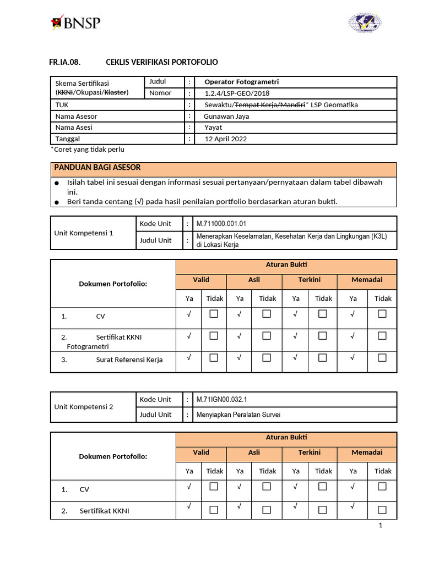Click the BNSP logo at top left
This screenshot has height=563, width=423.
pos(75,23)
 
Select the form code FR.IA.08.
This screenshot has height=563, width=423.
pos(65,62)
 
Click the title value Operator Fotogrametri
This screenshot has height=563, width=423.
pos(241,82)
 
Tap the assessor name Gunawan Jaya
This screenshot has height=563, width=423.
pos(227,116)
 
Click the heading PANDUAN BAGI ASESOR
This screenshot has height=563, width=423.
pos(97,168)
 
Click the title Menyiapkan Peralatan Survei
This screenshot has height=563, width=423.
pos(238,415)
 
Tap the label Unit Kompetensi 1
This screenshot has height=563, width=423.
pos(84,233)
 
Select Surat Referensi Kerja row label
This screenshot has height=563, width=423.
pos(129,360)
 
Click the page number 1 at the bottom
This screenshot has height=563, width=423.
pos(380,526)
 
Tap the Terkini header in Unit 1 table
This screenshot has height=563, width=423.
pos(309,280)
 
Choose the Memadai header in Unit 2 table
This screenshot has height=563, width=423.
pos(367,452)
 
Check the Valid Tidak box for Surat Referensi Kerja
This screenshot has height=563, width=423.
pos(214,358)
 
